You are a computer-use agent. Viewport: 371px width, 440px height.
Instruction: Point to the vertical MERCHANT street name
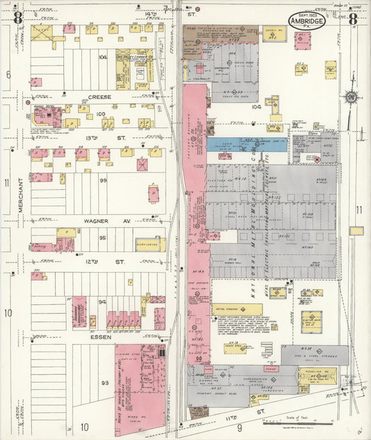[21, 195]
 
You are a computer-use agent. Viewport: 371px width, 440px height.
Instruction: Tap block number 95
[102, 238]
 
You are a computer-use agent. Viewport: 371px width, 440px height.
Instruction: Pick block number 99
[102, 180]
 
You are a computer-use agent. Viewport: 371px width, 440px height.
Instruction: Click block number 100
[101, 113]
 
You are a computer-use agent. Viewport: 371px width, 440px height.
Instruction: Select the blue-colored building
[246, 144]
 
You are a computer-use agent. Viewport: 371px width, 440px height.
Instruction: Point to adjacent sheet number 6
[8, 74]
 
